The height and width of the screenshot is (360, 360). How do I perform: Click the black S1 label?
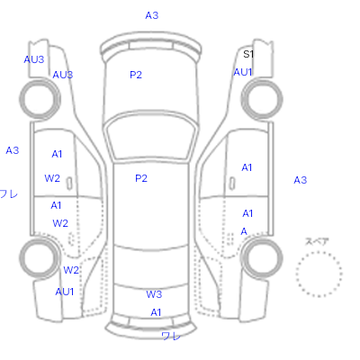point(248,54)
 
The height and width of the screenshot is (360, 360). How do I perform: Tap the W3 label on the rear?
point(154,294)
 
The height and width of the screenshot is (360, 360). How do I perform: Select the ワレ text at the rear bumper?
point(171,336)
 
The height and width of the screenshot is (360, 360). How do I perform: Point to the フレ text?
point(8,194)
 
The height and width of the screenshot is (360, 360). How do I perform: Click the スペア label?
point(317,241)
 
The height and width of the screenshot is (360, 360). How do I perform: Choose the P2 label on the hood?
point(136,75)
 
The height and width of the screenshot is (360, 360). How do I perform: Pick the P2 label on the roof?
point(141,178)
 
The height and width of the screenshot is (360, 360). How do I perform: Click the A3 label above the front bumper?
point(152,15)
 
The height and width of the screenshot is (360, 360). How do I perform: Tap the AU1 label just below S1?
point(243,72)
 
